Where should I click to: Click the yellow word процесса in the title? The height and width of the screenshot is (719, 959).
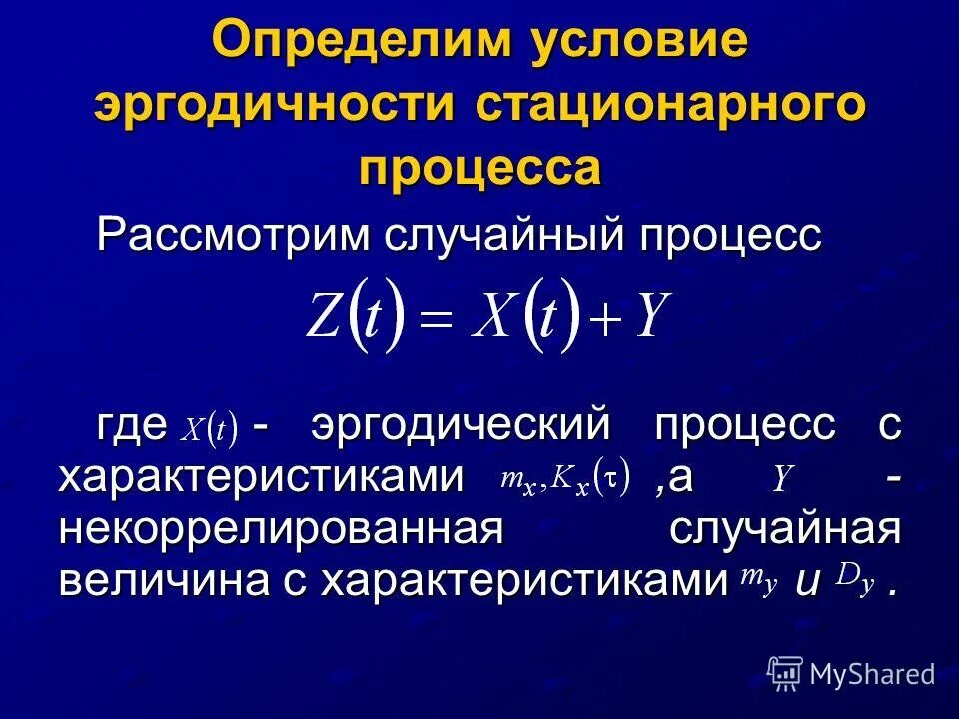[479, 167]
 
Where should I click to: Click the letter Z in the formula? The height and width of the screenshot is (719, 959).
[325, 317]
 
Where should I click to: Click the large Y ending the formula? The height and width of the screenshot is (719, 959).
[651, 317]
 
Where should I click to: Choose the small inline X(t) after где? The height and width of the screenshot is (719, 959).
[208, 430]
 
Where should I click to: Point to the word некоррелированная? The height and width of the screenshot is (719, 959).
[280, 528]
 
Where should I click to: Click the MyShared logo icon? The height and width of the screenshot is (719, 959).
[785, 674]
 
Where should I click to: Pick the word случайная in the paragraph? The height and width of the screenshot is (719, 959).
[785, 528]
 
